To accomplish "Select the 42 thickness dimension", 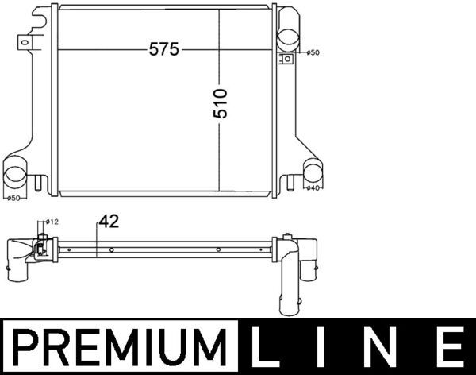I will click(109, 222).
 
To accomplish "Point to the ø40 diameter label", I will click(313, 188).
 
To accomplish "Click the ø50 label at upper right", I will click(313, 52).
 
